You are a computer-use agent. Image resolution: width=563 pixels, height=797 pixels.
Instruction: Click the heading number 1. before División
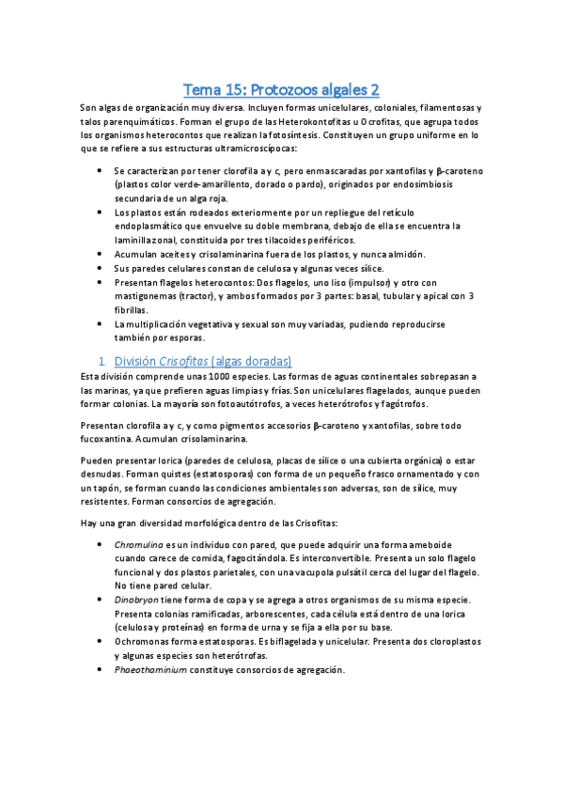102,361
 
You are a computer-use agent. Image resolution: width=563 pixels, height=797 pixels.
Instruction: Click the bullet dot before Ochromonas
100,641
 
